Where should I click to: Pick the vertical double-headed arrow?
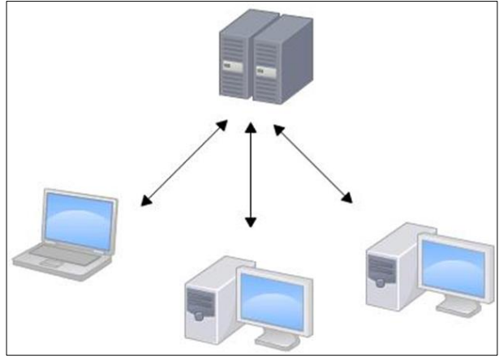pos(251,174)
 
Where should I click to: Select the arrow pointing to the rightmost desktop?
pos(314,162)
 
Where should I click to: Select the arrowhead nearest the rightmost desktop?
pos(348,197)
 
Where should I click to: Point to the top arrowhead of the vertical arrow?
pos(251,128)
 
